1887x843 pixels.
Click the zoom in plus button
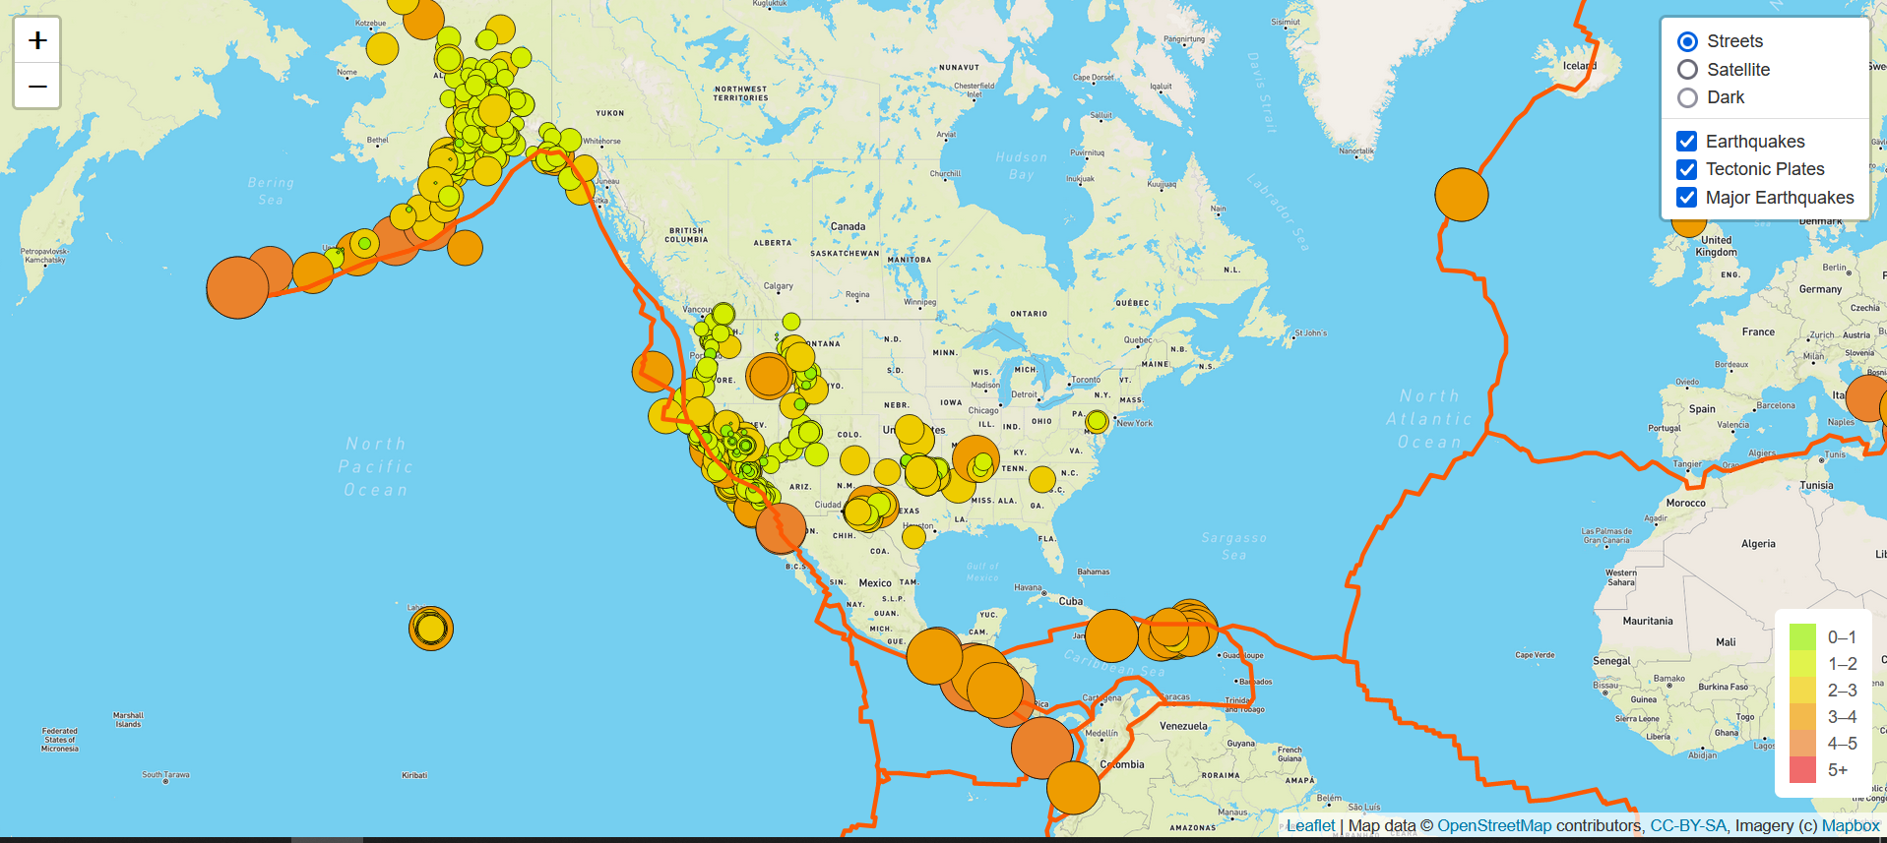pyautogui.click(x=37, y=40)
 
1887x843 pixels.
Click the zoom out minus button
pyautogui.click(x=37, y=87)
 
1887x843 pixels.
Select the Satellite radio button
pyautogui.click(x=1687, y=70)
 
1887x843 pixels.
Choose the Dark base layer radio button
pyautogui.click(x=1687, y=97)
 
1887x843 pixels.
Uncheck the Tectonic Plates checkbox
pyautogui.click(x=1686, y=169)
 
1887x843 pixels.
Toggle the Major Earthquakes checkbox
pyautogui.click(x=1686, y=198)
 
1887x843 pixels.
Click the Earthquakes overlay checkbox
pyautogui.click(x=1686, y=142)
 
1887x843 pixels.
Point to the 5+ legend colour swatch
pyautogui.click(x=1801, y=770)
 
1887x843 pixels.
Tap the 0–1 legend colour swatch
pyautogui.click(x=1801, y=636)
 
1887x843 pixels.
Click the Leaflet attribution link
pyautogui.click(x=1310, y=826)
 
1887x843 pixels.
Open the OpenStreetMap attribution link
pyautogui.click(x=1493, y=826)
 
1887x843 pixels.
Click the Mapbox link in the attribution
pyautogui.click(x=1850, y=826)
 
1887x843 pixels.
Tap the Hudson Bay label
pyautogui.click(x=1022, y=165)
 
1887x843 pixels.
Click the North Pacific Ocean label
pyautogui.click(x=376, y=466)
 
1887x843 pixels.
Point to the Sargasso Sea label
pyautogui.click(x=1233, y=546)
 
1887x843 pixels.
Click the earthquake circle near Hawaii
pyautogui.click(x=430, y=628)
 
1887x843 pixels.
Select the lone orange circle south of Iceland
pyautogui.click(x=1461, y=195)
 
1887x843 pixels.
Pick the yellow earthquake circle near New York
pyautogui.click(x=1097, y=422)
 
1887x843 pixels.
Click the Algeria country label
pyautogui.click(x=1758, y=543)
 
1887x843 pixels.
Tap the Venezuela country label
pyautogui.click(x=1182, y=726)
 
